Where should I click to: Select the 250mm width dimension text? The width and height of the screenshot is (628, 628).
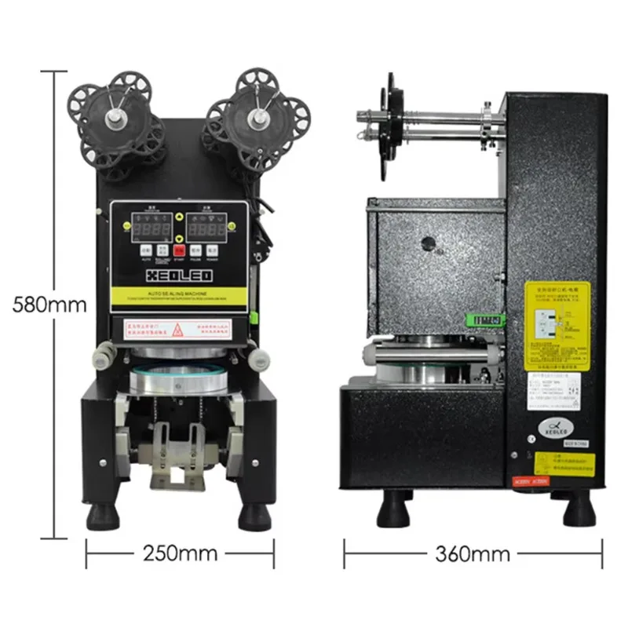tap(180, 553)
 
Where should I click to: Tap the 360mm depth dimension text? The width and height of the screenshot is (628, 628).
tap(473, 553)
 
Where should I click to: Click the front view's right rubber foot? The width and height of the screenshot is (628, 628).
tap(255, 514)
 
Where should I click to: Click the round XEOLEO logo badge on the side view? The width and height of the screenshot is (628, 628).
tap(557, 424)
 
